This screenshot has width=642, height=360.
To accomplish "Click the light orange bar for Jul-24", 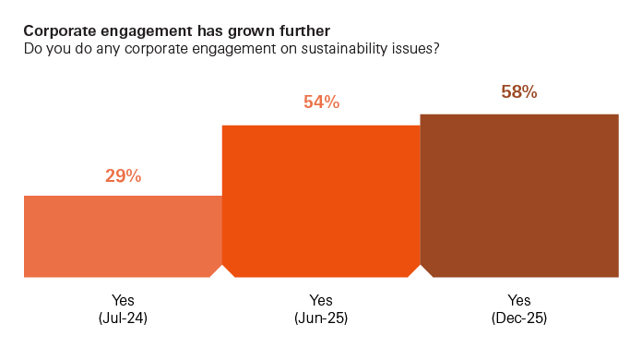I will pos(123,236).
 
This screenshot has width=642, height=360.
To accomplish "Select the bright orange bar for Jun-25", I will pos(321,201).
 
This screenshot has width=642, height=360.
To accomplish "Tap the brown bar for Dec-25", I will pos(519,196).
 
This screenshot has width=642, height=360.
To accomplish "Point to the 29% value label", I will pos(123,175).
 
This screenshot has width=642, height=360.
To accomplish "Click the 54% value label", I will pos(321,103).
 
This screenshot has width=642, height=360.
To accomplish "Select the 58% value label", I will pos(519,92).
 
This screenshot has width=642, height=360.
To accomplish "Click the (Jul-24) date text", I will pos(123,318).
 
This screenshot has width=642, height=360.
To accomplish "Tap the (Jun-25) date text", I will pos(321,318).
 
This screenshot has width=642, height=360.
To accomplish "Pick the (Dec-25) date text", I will pos(519,318).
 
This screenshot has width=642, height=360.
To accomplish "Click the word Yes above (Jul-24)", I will pos(123,301).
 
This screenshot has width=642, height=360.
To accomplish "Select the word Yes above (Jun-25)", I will pos(321,301).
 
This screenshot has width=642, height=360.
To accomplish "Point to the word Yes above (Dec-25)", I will pos(519,301).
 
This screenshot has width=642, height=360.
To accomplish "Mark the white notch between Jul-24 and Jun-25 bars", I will pos(222,273).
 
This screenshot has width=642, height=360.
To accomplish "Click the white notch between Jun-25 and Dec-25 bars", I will pos(421,273).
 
